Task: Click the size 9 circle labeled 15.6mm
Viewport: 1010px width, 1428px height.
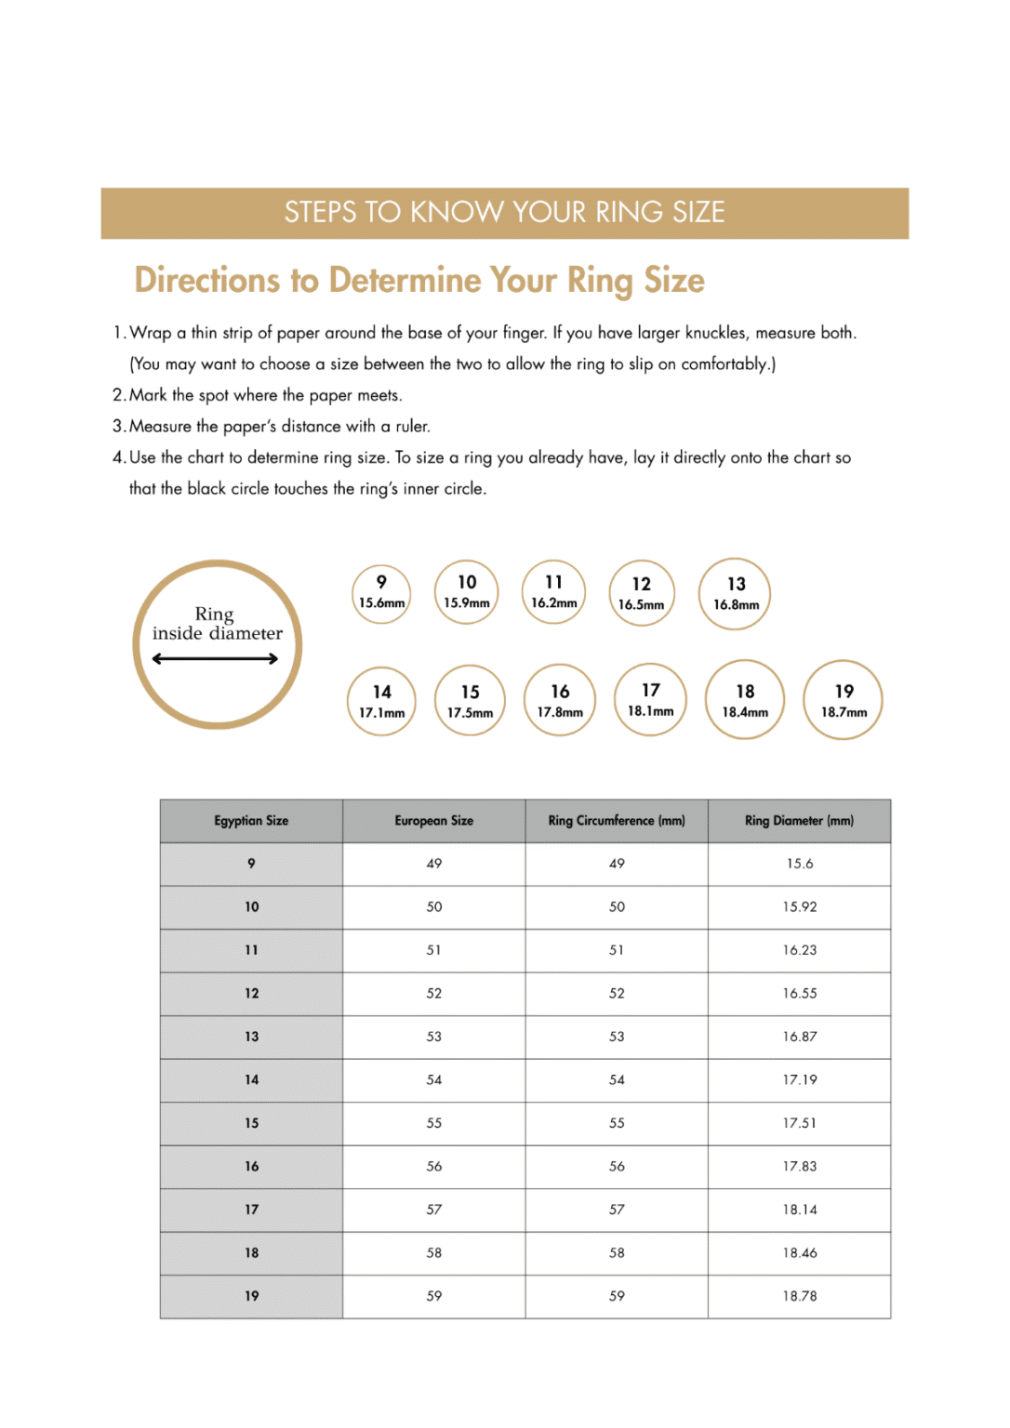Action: tap(381, 593)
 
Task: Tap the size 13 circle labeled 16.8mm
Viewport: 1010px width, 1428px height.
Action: tap(735, 594)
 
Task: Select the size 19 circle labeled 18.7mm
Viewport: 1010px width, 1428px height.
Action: tap(843, 700)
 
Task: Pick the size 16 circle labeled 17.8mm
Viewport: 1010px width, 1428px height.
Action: tap(560, 700)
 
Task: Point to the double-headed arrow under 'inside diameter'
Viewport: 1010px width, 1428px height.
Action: tap(215, 659)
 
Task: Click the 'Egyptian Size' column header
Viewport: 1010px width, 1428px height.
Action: tap(251, 821)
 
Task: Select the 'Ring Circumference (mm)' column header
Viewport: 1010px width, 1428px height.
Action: tap(617, 821)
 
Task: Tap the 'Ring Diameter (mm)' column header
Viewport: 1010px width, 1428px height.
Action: tap(799, 821)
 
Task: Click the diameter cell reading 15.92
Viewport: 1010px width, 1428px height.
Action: tap(799, 907)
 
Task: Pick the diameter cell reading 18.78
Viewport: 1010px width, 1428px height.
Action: tap(799, 1296)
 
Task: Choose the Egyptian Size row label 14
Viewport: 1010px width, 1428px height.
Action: tap(251, 1080)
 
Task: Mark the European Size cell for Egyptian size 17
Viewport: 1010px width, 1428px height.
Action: tap(433, 1210)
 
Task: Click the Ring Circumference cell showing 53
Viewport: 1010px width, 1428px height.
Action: tap(617, 1037)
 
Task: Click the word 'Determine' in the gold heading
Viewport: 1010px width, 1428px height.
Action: tap(405, 281)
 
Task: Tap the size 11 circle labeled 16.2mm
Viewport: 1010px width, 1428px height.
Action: tap(553, 592)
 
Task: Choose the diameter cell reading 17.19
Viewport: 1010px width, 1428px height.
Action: tap(799, 1080)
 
